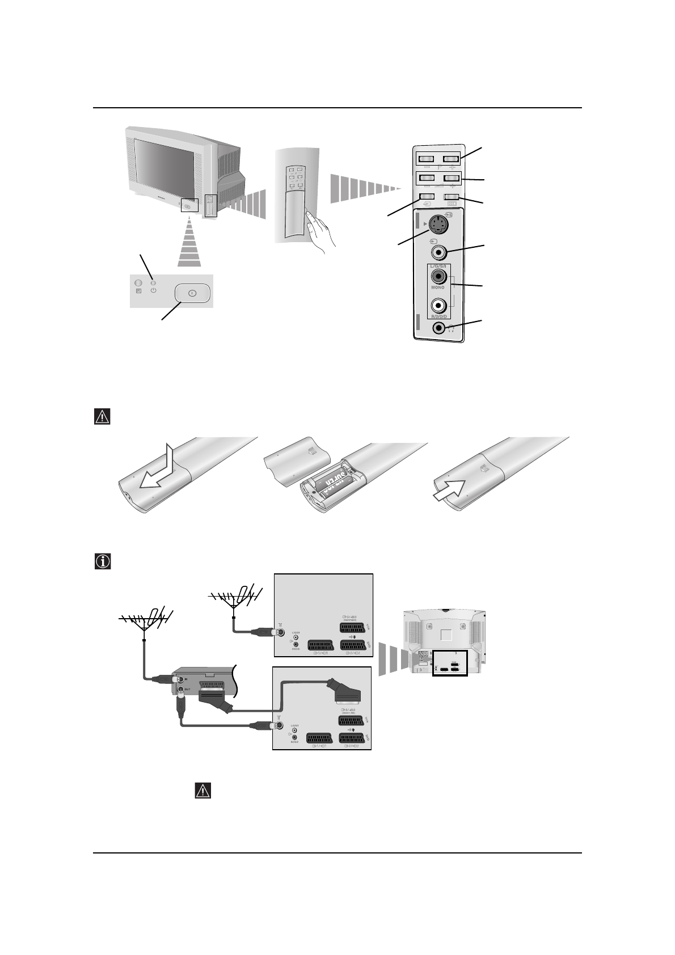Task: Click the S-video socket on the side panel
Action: [437, 226]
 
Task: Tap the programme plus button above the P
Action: [452, 178]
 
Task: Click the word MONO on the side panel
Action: [438, 288]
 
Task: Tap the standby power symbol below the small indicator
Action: [153, 291]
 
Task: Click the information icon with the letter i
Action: [102, 561]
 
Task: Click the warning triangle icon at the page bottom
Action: [202, 791]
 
